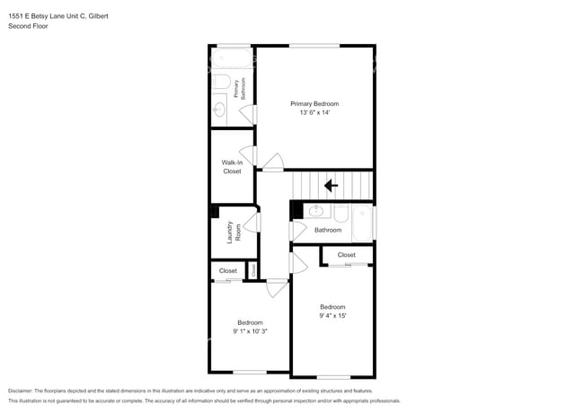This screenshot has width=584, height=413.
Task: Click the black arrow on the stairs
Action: click(x=331, y=186)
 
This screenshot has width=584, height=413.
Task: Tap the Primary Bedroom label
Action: click(x=314, y=104)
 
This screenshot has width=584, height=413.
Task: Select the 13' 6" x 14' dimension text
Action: click(x=314, y=114)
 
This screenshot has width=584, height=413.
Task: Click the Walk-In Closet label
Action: click(x=232, y=166)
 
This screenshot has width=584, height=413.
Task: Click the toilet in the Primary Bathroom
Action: click(x=220, y=83)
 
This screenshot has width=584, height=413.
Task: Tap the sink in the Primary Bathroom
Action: click(x=218, y=110)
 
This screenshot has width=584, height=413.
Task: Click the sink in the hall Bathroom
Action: click(x=315, y=212)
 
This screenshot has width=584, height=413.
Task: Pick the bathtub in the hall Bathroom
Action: click(x=362, y=224)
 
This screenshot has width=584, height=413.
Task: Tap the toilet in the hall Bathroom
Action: click(x=341, y=213)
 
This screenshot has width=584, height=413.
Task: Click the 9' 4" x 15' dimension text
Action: click(x=332, y=316)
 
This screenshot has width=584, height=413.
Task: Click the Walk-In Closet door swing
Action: click(x=248, y=156)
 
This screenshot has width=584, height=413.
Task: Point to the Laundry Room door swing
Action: click(x=252, y=224)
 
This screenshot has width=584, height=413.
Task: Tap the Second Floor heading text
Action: click(x=29, y=27)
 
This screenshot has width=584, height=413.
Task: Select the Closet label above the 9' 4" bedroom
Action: click(x=347, y=255)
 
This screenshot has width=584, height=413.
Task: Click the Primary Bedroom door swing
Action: click(x=272, y=163)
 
